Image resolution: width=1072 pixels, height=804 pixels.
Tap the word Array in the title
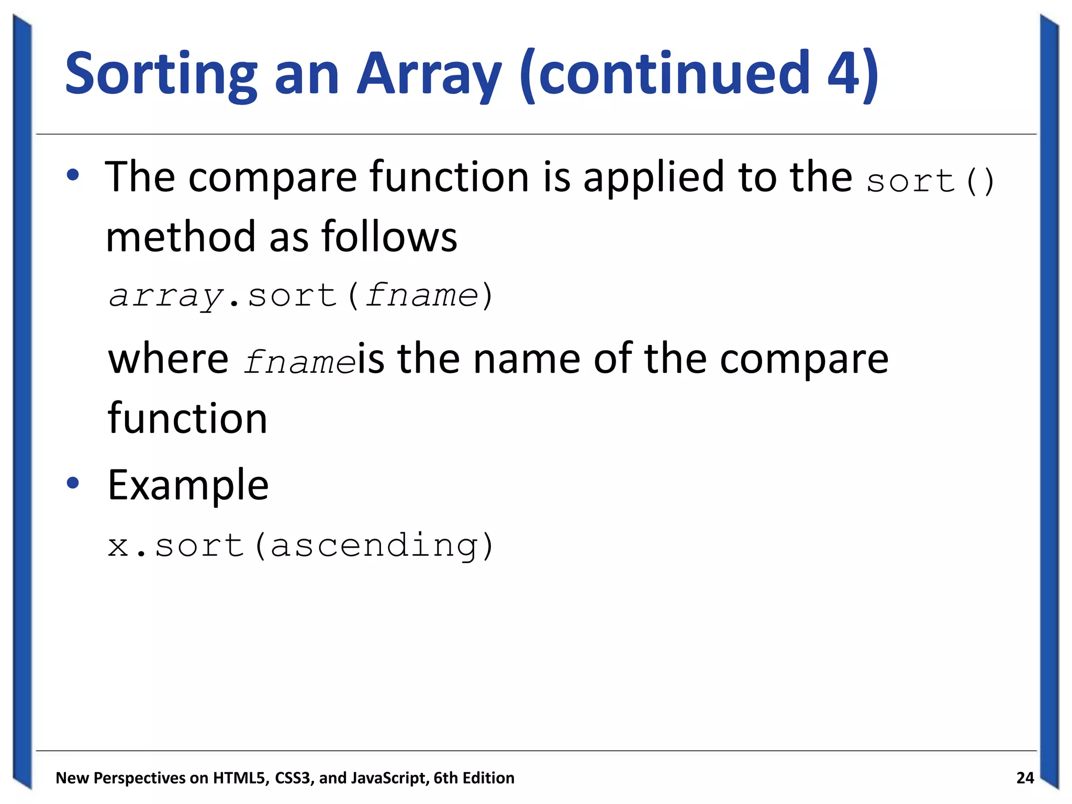pyautogui.click(x=429, y=74)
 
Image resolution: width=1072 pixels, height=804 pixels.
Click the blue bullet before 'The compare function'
pyautogui.click(x=73, y=176)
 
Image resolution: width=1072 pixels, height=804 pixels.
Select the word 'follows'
pyautogui.click(x=389, y=237)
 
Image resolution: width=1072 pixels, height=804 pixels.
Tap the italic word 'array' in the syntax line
pyautogui.click(x=166, y=296)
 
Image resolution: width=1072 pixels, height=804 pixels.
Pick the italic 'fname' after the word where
pyautogui.click(x=300, y=361)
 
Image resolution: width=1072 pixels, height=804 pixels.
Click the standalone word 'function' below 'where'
pyautogui.click(x=187, y=419)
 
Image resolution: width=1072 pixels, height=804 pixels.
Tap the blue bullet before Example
pyautogui.click(x=73, y=483)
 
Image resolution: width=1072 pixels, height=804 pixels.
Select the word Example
pyautogui.click(x=188, y=486)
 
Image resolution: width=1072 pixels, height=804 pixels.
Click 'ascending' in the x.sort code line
pyautogui.click(x=374, y=546)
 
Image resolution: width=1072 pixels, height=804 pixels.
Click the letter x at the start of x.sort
pyautogui.click(x=118, y=546)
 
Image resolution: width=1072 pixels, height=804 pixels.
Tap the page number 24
pyautogui.click(x=1025, y=778)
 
